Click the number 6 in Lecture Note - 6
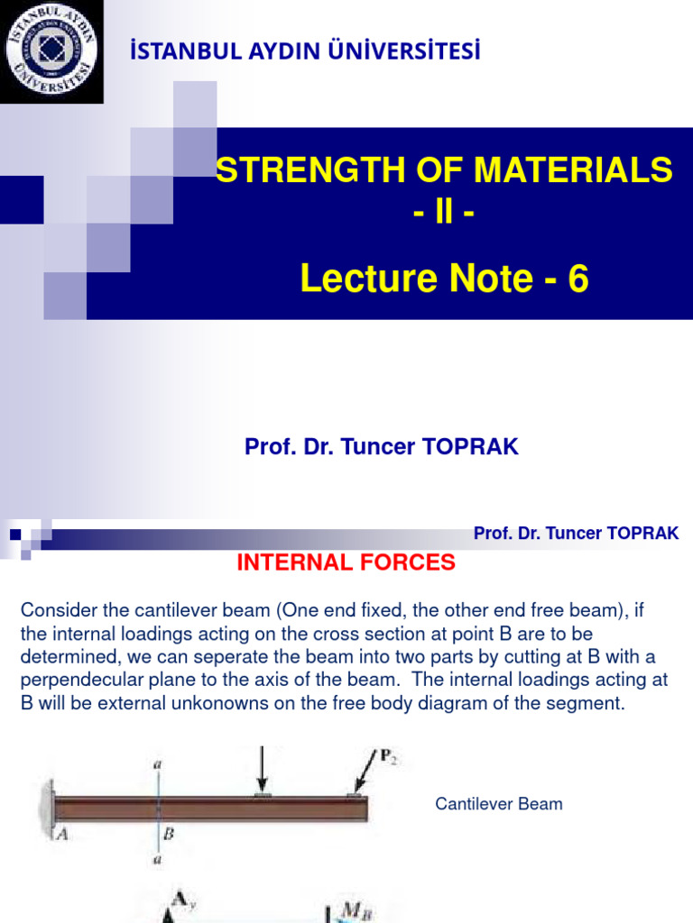click(577, 280)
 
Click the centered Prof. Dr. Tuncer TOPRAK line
click(382, 447)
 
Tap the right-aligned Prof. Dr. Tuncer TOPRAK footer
click(576, 534)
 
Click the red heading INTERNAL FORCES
click(346, 563)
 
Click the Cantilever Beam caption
click(499, 803)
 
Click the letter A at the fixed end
click(62, 834)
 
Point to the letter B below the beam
click(168, 834)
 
